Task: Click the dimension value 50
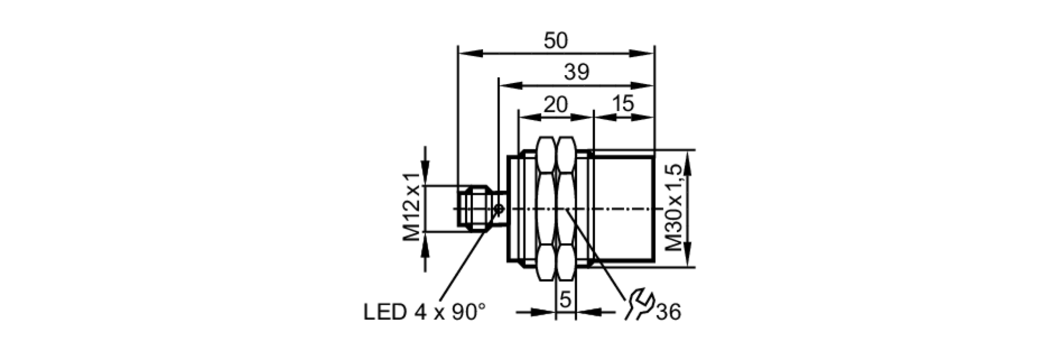tap(555, 41)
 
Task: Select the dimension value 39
tap(577, 72)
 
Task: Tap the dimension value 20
tap(555, 105)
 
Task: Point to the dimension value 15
tap(623, 104)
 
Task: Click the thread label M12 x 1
tap(412, 206)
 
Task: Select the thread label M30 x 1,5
tap(674, 208)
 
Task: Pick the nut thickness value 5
tap(566, 300)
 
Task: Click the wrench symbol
tap(640, 304)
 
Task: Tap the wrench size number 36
tap(668, 312)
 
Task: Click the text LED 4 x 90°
tap(424, 312)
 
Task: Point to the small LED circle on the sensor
tap(498, 209)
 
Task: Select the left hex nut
tap(547, 208)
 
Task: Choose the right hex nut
tap(566, 208)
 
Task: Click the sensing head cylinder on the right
tap(623, 208)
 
